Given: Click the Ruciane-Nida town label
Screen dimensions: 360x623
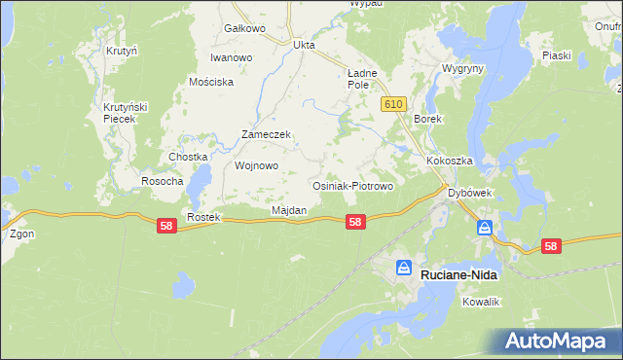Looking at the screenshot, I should tap(458, 275).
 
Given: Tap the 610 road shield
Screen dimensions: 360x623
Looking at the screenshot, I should tap(393, 104).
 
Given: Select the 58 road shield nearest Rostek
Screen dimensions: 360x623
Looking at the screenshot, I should tap(166, 225).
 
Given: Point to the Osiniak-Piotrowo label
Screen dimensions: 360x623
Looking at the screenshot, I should tap(351, 185).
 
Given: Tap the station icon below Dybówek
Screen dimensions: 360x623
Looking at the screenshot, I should tap(485, 228).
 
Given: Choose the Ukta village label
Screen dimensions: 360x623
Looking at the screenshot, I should tap(305, 44).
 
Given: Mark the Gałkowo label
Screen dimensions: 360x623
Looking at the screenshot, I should tap(244, 28).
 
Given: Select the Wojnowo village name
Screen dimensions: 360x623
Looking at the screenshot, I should tap(257, 165).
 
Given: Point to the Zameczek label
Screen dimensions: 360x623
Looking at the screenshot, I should tap(267, 135).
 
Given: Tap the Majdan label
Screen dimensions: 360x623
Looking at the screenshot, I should tap(289, 210).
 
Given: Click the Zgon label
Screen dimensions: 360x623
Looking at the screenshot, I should tap(21, 234).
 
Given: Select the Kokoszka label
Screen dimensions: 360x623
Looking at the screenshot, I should tap(449, 161).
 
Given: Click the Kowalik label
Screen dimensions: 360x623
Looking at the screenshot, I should tap(481, 303).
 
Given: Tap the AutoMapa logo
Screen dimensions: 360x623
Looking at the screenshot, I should tap(554, 341).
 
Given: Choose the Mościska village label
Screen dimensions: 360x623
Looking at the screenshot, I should tap(211, 82).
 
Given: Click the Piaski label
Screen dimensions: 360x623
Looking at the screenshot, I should tap(556, 55).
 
